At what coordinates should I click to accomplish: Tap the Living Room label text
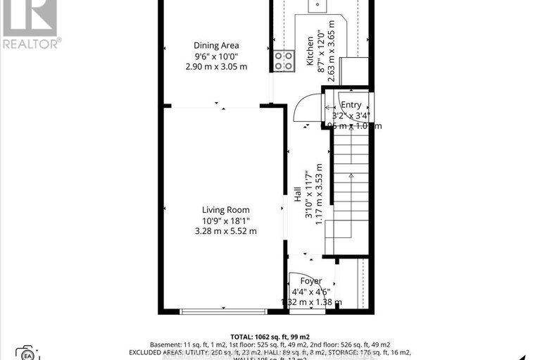225,210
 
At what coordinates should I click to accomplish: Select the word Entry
351,105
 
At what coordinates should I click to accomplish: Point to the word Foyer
310,281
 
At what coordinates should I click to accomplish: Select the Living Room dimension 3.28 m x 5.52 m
225,230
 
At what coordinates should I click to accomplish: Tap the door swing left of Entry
305,107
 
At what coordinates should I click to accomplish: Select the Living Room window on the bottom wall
222,311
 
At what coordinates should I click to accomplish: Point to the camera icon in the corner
26,352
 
